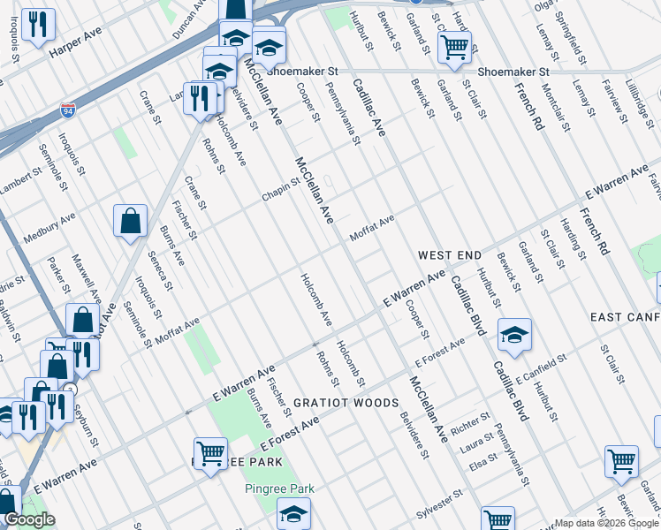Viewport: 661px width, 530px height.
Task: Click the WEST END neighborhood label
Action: (x=450, y=255)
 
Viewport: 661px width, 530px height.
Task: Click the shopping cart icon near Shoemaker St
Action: (x=454, y=48)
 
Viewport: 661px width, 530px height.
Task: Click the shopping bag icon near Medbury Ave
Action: (x=130, y=223)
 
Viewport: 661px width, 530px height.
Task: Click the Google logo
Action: (x=30, y=520)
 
